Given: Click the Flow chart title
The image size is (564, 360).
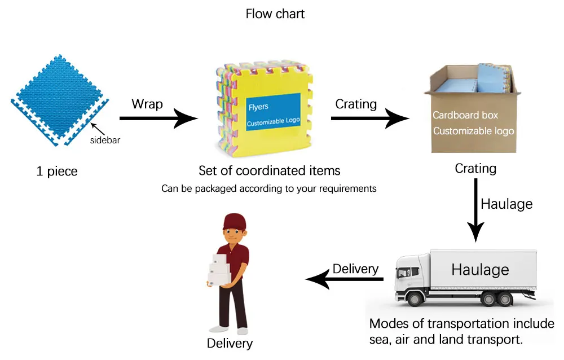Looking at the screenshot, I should (x=275, y=14).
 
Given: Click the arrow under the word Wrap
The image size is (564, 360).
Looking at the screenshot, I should (x=158, y=118).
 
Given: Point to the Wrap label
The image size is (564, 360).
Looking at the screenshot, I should (x=147, y=104).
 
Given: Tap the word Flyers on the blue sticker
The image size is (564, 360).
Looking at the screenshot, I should (x=259, y=106).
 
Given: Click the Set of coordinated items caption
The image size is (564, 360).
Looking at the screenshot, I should (x=269, y=170).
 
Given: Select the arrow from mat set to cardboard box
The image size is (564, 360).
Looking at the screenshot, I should (x=369, y=118).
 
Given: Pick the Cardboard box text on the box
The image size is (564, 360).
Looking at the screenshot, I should (x=465, y=115).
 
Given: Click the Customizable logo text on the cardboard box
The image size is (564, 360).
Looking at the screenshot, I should (x=473, y=130).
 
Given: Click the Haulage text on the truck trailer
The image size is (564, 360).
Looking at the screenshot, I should (x=480, y=270).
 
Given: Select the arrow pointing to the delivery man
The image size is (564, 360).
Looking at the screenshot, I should (x=345, y=279).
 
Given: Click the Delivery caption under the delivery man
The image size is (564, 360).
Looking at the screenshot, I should (x=230, y=343).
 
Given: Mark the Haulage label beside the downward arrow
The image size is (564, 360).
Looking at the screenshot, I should (x=506, y=204).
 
